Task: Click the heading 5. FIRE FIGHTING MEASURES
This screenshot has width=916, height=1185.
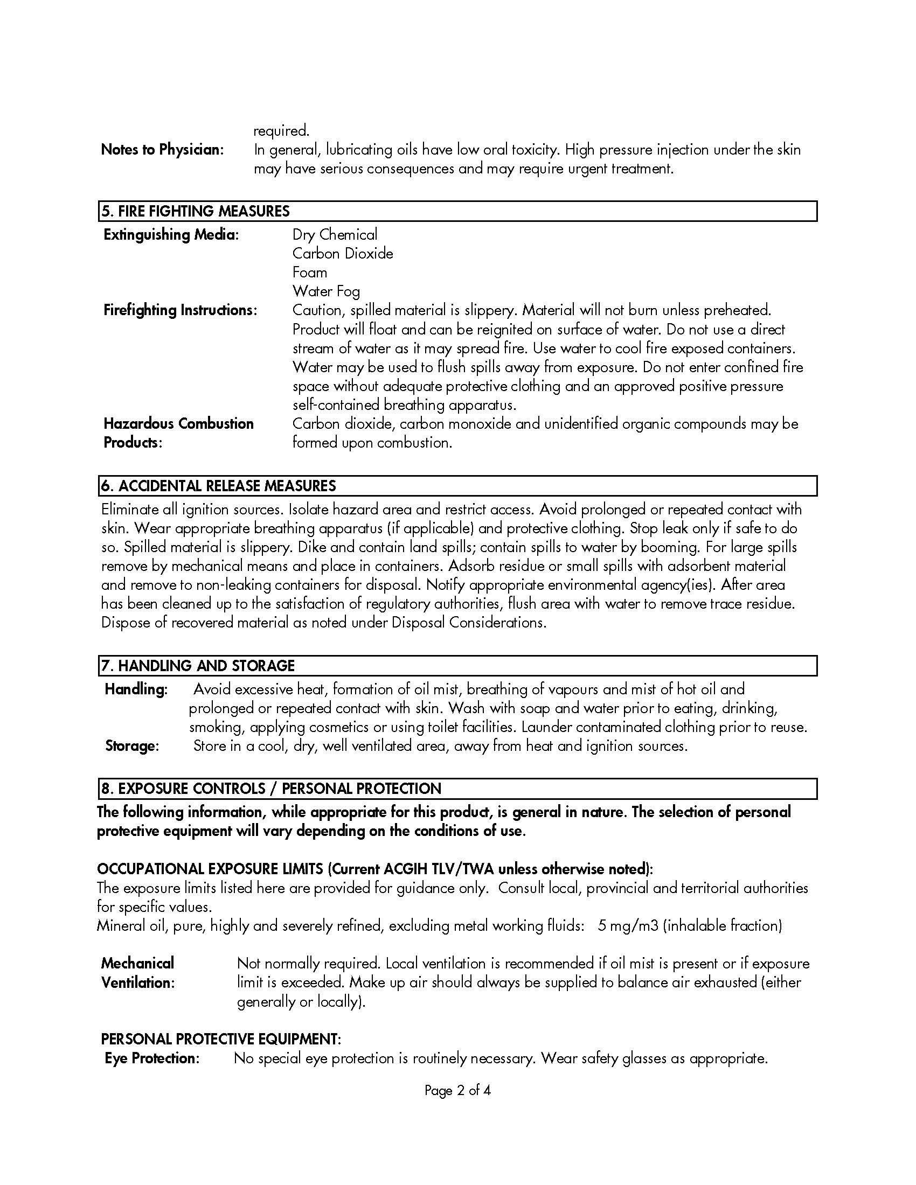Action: [x=196, y=211]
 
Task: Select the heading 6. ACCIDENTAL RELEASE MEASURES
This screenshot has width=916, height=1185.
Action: [x=219, y=486]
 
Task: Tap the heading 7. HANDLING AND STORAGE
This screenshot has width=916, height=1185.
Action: [x=198, y=665]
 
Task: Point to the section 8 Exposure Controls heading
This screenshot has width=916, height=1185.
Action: [x=271, y=789]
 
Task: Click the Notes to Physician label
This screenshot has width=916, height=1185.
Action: [x=162, y=150]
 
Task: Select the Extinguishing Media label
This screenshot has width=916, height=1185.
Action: [x=171, y=234]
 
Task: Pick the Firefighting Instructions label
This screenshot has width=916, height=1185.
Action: [x=180, y=310]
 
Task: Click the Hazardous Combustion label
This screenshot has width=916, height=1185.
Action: [x=178, y=424]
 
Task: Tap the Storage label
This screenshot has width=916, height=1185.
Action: [x=132, y=746]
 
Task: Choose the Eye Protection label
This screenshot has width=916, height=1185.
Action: [x=152, y=1058]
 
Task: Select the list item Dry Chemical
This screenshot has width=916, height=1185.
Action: [x=334, y=234]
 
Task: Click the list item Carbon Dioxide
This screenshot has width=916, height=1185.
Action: [x=342, y=253]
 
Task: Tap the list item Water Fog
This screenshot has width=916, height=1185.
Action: [x=326, y=291]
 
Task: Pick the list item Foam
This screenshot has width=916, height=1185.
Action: [x=309, y=273]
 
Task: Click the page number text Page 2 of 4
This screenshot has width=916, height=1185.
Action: [x=457, y=1091]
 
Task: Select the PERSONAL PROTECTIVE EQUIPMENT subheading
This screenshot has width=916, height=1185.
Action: [x=221, y=1039]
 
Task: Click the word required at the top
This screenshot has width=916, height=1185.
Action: [x=281, y=131]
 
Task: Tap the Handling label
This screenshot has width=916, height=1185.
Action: [x=136, y=689]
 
